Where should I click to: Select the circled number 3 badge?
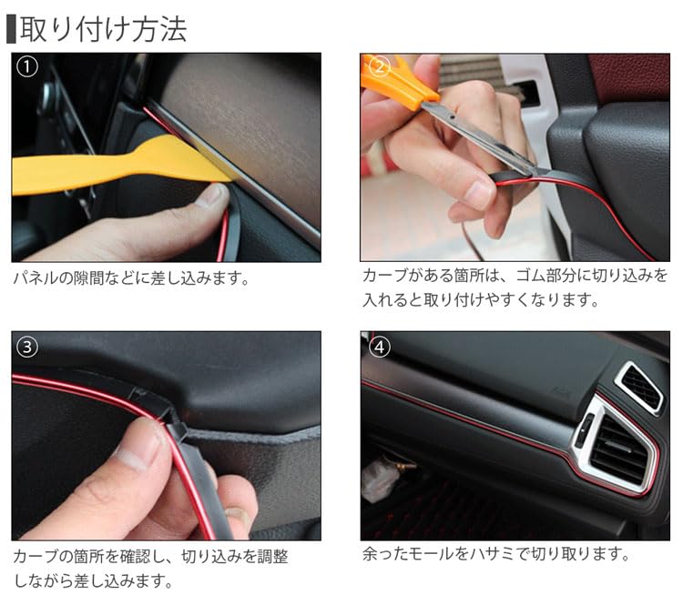(x=27, y=348)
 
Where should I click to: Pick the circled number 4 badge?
(x=379, y=348)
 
